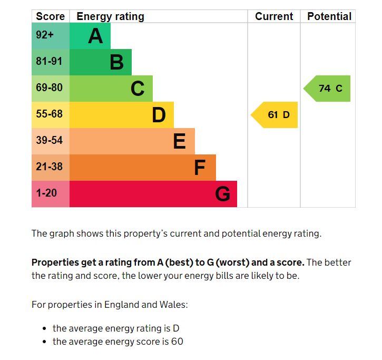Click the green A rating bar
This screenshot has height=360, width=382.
click(x=90, y=36)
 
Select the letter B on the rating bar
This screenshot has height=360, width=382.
click(x=116, y=62)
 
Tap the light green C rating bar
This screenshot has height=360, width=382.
click(x=111, y=89)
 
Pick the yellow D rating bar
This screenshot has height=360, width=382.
click(x=121, y=115)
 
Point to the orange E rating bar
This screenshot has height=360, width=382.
click(x=132, y=141)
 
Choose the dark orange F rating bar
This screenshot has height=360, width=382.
click(x=142, y=168)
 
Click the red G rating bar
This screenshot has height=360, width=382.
click(x=153, y=194)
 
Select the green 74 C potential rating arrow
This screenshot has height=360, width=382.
click(x=328, y=89)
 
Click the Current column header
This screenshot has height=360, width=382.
click(x=274, y=16)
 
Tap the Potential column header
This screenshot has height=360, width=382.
click(x=329, y=16)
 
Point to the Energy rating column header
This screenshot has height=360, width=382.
click(x=110, y=16)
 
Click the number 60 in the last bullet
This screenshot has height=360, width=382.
click(x=177, y=342)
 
